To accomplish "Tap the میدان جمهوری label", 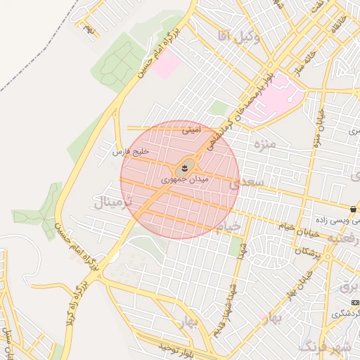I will tap(185, 180).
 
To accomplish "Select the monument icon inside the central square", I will tap(185, 167).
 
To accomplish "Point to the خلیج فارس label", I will tap(131, 151).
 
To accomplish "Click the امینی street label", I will tap(191, 130).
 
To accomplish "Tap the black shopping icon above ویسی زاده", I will tap(352, 209).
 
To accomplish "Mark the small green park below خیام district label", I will tap(236, 246).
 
